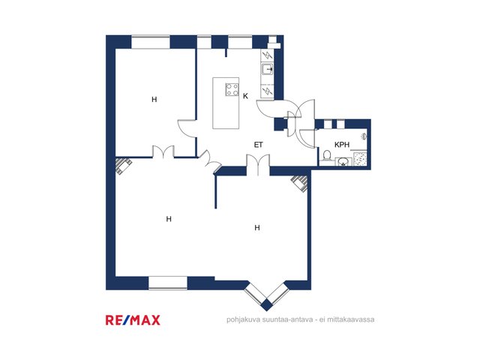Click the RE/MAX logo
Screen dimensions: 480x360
(x=133, y=320)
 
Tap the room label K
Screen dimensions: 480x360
(x=245, y=96)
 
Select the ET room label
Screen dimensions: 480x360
(x=258, y=145)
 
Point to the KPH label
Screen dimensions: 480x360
(x=342, y=145)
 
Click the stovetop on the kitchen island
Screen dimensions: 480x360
(x=232, y=90)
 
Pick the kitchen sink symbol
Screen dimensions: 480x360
(x=267, y=70)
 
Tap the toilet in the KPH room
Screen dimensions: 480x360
(x=327, y=155)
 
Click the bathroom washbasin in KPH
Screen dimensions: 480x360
(x=343, y=161)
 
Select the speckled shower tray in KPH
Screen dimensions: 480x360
(x=360, y=159)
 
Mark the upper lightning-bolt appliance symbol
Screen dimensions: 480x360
(x=268, y=55)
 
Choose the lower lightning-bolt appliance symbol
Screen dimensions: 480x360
(x=268, y=91)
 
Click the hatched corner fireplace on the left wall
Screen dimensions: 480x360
(x=123, y=166)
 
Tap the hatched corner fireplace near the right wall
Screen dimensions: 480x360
(x=299, y=183)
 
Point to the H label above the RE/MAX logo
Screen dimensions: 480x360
(x=169, y=219)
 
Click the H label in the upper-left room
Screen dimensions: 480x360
(x=154, y=99)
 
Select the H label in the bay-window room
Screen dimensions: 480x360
(x=257, y=227)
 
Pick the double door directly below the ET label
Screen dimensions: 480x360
(x=258, y=165)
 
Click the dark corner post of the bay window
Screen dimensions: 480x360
(x=267, y=305)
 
